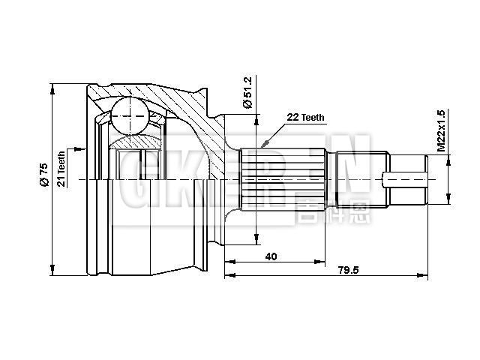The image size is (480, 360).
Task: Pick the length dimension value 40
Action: point(271,256)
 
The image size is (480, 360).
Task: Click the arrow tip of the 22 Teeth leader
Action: point(264,144)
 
